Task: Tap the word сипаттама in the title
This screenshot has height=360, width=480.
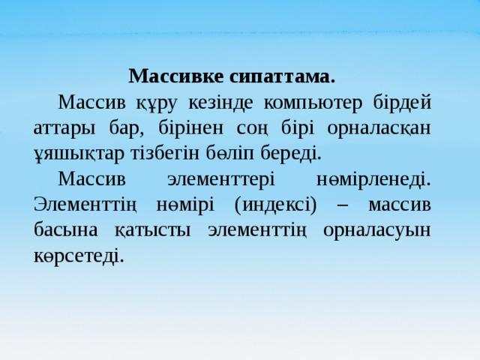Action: (x=282, y=76)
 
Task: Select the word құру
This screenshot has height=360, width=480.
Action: (x=157, y=103)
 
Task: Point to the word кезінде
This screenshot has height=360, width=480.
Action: (x=220, y=103)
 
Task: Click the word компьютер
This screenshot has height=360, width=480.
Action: (x=313, y=103)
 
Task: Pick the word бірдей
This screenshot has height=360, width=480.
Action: (x=402, y=102)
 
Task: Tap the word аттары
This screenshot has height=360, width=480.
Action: (x=64, y=128)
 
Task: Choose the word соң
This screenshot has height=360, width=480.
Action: (x=253, y=128)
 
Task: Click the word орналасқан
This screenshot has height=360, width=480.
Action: (x=379, y=128)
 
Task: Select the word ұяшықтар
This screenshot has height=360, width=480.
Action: (x=79, y=154)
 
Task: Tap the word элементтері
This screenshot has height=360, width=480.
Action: (x=221, y=179)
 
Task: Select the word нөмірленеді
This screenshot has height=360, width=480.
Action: (x=373, y=179)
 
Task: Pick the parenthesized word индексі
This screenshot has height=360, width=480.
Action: (x=275, y=205)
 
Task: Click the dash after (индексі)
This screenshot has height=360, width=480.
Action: (x=343, y=205)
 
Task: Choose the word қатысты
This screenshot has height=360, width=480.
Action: (x=153, y=230)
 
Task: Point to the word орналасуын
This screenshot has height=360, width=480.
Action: (x=376, y=230)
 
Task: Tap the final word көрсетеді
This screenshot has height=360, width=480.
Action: (x=79, y=255)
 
